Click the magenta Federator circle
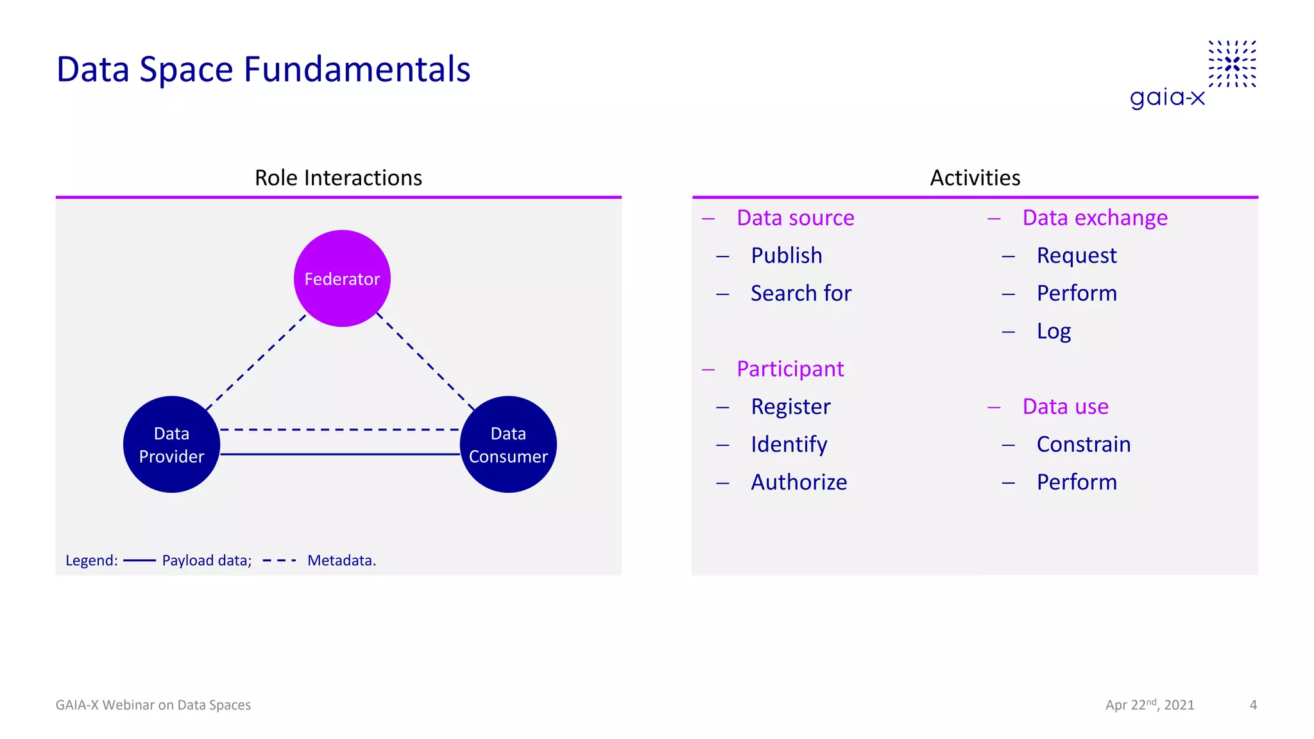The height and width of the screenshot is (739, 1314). [x=342, y=278]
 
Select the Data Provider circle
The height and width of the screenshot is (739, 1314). [x=171, y=445]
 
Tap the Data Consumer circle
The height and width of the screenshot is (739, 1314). [x=508, y=445]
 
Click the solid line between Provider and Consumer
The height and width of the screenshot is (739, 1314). [x=340, y=454]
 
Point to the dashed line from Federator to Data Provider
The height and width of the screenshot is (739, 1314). [x=255, y=363]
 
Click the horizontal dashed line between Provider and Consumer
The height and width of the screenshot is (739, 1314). [x=340, y=430]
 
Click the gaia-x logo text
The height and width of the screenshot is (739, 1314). [x=1167, y=98]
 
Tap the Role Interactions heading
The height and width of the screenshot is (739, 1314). [x=338, y=178]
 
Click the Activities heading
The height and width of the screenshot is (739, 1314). [x=975, y=178]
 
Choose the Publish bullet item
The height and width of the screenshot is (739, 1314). [x=786, y=255]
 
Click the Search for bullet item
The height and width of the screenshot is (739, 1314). [x=801, y=293]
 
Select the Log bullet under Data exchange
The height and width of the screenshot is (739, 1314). [x=1054, y=331]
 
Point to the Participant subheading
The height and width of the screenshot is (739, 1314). [x=790, y=369]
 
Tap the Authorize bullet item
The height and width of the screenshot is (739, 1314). [x=799, y=482]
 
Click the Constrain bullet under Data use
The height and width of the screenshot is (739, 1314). [x=1083, y=444]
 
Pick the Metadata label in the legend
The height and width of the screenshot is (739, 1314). [x=341, y=561]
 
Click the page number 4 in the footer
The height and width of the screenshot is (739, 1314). [x=1253, y=705]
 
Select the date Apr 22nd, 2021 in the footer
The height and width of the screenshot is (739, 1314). [x=1149, y=705]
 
